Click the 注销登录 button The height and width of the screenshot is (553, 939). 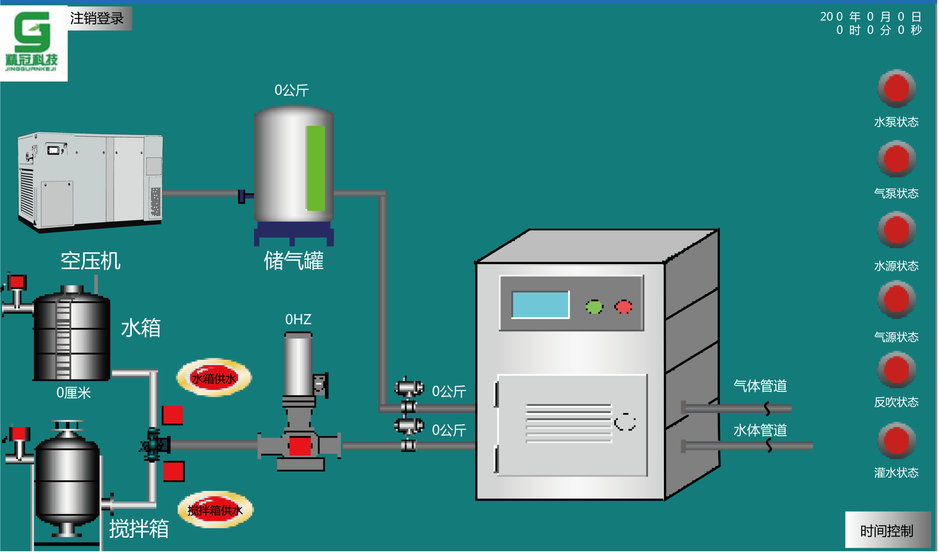tap(98, 19)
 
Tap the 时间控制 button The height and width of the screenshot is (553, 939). tap(886, 530)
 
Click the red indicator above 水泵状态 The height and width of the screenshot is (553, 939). tap(896, 88)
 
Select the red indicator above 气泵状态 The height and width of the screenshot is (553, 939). tap(896, 158)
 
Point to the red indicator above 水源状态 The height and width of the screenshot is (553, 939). tap(896, 230)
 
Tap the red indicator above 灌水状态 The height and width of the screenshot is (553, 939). tap(896, 440)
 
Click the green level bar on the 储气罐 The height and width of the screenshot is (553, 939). tap(315, 168)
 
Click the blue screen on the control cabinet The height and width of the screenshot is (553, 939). tap(540, 305)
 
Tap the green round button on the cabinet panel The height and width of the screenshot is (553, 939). tap(594, 307)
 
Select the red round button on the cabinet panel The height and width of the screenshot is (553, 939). tap(624, 307)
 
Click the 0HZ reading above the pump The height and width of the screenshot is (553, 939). tap(298, 320)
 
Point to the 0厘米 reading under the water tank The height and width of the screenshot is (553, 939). tap(73, 393)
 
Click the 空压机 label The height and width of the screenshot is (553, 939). tap(90, 261)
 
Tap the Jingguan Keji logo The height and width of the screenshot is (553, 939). tap(33, 41)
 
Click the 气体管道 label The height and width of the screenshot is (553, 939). tap(760, 386)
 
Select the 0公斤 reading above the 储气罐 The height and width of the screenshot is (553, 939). tap(292, 90)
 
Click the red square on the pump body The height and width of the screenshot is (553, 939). tap(300, 446)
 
